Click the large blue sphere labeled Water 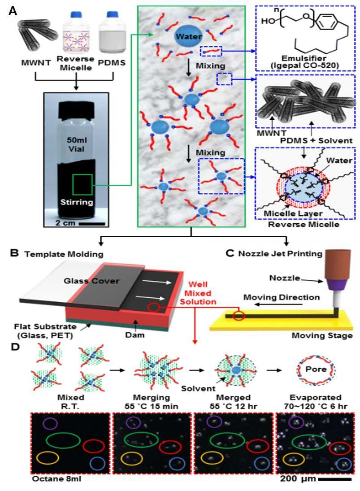(188, 36)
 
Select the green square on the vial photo (82, 184)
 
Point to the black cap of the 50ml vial (76, 111)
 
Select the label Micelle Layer (293, 213)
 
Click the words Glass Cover (91, 281)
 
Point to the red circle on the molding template (153, 307)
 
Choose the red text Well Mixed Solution (198, 293)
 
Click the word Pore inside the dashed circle (316, 369)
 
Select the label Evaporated (315, 397)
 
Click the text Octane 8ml (56, 479)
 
